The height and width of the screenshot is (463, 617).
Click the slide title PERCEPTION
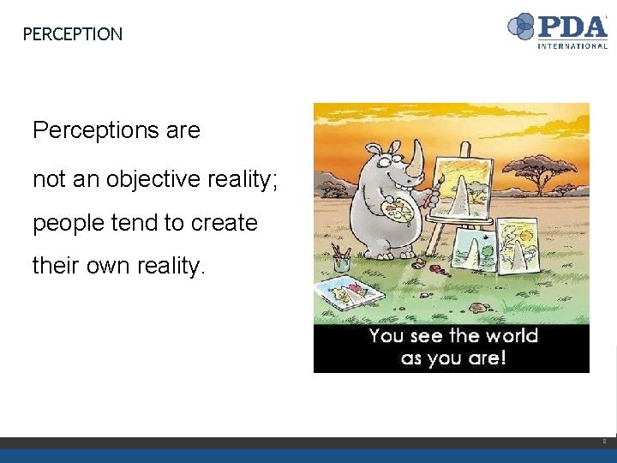[x=72, y=34]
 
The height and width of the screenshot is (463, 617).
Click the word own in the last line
[x=106, y=266]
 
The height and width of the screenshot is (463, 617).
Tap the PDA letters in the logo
[x=572, y=25]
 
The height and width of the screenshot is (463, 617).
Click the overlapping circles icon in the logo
[x=521, y=27]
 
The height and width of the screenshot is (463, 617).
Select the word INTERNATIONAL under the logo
[x=572, y=45]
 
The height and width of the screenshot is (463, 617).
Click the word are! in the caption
[x=486, y=357]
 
